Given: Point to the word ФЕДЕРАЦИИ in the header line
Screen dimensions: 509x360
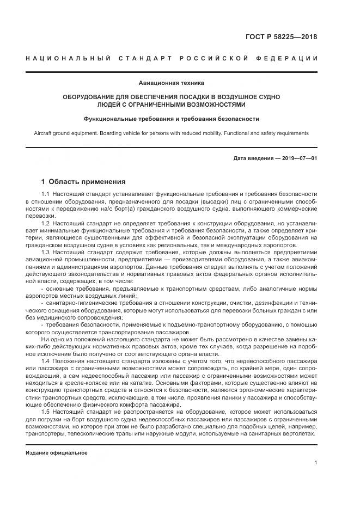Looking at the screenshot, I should [289, 58].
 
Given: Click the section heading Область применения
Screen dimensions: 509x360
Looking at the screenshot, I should [87, 181].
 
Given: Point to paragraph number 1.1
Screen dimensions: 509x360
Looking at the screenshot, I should [46, 194].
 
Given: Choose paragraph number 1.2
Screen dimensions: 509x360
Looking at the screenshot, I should [46, 223].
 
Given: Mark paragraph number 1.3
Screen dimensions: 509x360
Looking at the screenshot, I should [46, 252].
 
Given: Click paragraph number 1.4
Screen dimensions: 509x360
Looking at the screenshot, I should [46, 361].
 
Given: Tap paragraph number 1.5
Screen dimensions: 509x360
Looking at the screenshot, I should [46, 412].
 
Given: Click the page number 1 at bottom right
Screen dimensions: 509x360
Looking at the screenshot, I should [316, 462].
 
